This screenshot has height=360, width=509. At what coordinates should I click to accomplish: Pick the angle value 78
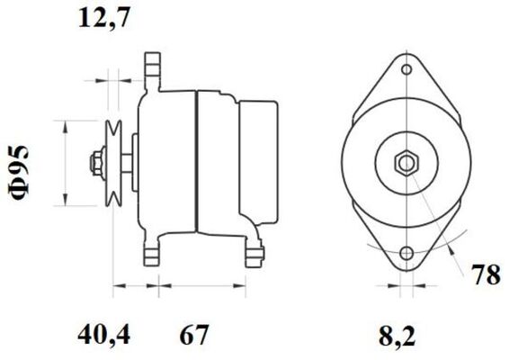[x=487, y=275]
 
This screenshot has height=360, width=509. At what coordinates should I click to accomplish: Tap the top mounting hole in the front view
[x=407, y=69]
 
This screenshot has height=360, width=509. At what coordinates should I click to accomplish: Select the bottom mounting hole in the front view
[x=407, y=253]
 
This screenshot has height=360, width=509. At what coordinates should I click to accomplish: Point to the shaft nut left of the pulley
[x=94, y=163]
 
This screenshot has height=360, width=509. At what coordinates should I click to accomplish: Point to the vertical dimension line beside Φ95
[x=66, y=163]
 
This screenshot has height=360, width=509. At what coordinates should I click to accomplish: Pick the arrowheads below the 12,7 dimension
[x=109, y=79]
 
